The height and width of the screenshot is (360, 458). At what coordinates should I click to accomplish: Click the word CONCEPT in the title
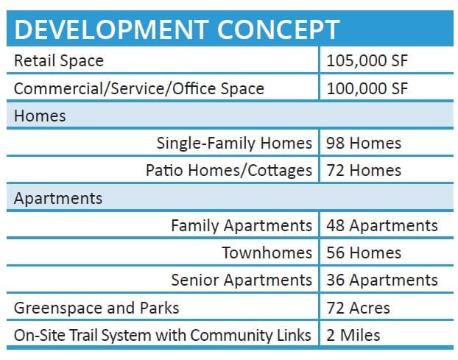click(278, 29)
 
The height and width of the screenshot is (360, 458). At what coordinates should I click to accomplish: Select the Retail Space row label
click(59, 60)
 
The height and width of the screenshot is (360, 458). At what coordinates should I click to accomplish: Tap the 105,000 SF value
click(367, 60)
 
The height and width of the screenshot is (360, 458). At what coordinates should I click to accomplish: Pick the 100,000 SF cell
click(367, 88)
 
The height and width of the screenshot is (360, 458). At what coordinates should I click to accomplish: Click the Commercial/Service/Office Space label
click(139, 88)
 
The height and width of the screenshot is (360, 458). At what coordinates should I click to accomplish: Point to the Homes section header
click(40, 116)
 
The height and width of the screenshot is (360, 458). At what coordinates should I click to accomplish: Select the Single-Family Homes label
click(234, 143)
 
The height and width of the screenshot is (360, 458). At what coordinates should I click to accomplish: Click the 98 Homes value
click(364, 143)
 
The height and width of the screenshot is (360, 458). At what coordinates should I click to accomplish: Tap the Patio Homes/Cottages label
click(229, 170)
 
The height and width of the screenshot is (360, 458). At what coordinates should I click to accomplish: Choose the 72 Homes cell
click(364, 170)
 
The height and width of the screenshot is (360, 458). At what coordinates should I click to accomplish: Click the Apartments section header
click(58, 199)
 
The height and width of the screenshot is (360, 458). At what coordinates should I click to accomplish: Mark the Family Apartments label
click(242, 226)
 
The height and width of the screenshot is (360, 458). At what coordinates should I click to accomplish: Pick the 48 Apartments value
click(382, 226)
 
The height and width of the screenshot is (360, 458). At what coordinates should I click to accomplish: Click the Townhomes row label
click(267, 253)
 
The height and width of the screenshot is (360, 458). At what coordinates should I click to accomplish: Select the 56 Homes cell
click(364, 253)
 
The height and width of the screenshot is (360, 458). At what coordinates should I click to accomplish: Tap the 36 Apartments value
click(382, 280)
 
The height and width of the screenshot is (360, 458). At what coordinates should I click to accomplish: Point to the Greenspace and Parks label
click(96, 308)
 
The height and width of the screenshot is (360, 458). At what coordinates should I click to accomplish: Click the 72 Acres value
click(358, 308)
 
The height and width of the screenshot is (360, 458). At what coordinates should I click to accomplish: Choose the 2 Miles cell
click(353, 335)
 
